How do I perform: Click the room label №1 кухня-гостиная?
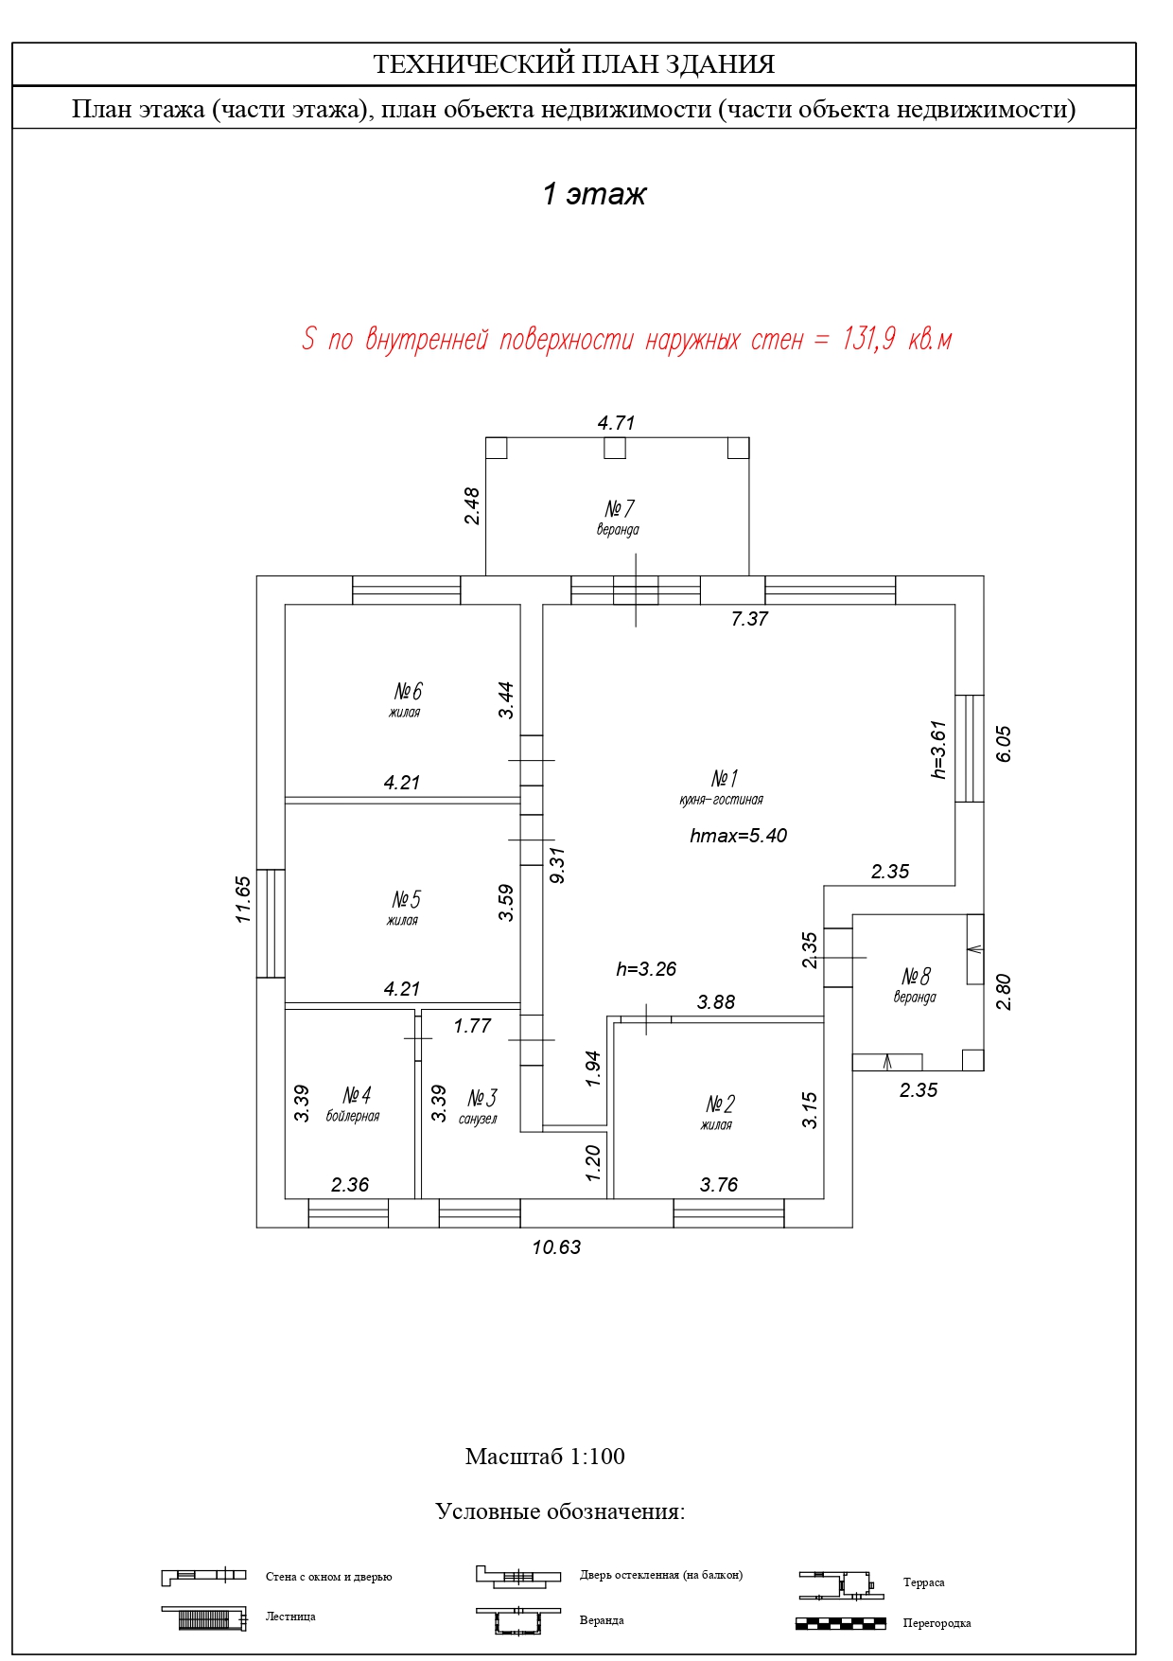pyautogui.click(x=723, y=787)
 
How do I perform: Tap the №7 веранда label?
pyautogui.click(x=619, y=517)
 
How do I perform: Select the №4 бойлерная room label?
pyautogui.click(x=355, y=1104)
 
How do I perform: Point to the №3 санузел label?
pyautogui.click(x=480, y=1106)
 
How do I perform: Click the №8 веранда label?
pyautogui.click(x=916, y=984)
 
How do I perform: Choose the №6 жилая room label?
pyautogui.click(x=407, y=699)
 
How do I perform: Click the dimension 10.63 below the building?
pyautogui.click(x=556, y=1247)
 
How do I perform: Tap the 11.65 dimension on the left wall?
pyautogui.click(x=243, y=899)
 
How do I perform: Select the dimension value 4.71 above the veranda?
pyautogui.click(x=616, y=423)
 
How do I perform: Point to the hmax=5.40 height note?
pyautogui.click(x=739, y=836)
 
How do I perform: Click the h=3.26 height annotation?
pyautogui.click(x=646, y=969)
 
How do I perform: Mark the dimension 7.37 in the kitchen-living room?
pyautogui.click(x=749, y=619)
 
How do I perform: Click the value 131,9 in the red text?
pyautogui.click(x=868, y=339)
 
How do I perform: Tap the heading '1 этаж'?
pyautogui.click(x=594, y=194)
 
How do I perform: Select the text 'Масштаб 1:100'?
pyautogui.click(x=545, y=1457)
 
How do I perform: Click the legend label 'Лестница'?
pyautogui.click(x=290, y=1617)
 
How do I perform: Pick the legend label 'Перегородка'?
pyautogui.click(x=937, y=1623)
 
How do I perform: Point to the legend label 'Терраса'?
pyautogui.click(x=923, y=1582)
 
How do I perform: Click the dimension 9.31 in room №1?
pyautogui.click(x=557, y=865)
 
